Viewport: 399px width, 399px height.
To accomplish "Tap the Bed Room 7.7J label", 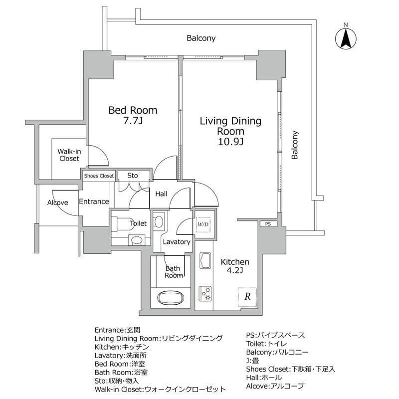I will (x=133, y=115).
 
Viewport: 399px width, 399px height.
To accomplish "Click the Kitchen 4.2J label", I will (x=235, y=267).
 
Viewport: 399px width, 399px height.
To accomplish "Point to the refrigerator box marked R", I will (x=247, y=296).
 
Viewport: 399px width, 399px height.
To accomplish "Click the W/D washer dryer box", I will (x=203, y=224).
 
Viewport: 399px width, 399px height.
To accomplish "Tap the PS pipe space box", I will (x=268, y=224).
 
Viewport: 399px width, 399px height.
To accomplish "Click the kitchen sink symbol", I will (x=205, y=260).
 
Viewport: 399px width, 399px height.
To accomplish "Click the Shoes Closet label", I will (x=99, y=176).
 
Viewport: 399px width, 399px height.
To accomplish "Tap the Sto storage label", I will (x=132, y=176).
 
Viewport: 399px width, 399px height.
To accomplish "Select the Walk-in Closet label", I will (x=69, y=155).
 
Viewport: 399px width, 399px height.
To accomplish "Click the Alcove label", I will (x=58, y=202).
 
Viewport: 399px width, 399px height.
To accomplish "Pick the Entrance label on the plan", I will (x=94, y=201).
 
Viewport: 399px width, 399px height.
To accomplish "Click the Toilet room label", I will (x=138, y=223).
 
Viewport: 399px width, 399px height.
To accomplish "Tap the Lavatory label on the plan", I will (x=177, y=242).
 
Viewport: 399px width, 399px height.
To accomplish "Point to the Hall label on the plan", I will (x=161, y=194).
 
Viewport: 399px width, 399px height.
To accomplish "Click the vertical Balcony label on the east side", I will (x=295, y=145).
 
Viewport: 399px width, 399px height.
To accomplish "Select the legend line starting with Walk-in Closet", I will (x=160, y=389).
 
